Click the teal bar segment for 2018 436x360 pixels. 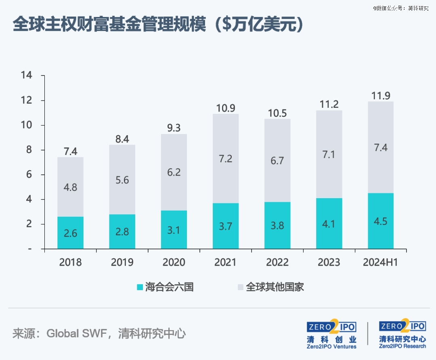coord(70,232)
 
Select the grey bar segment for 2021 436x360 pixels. coord(226,158)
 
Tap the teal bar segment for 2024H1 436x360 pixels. coord(381,221)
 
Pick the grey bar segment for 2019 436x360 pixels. coord(122,179)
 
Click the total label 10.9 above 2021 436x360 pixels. coord(226,108)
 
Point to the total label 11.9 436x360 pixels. coord(381,96)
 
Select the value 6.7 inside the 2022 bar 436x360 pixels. coord(277,161)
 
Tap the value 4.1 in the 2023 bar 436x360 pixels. coord(329,223)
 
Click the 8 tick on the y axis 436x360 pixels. coord(29,150)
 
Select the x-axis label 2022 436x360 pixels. coord(277,262)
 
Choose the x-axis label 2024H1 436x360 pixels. coord(381,262)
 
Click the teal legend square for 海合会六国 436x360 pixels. coord(140,287)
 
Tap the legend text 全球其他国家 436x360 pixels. coord(275,287)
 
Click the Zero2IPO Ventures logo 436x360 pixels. coord(331,334)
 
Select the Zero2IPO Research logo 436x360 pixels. coord(402,334)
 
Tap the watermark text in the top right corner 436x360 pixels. coord(400,8)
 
